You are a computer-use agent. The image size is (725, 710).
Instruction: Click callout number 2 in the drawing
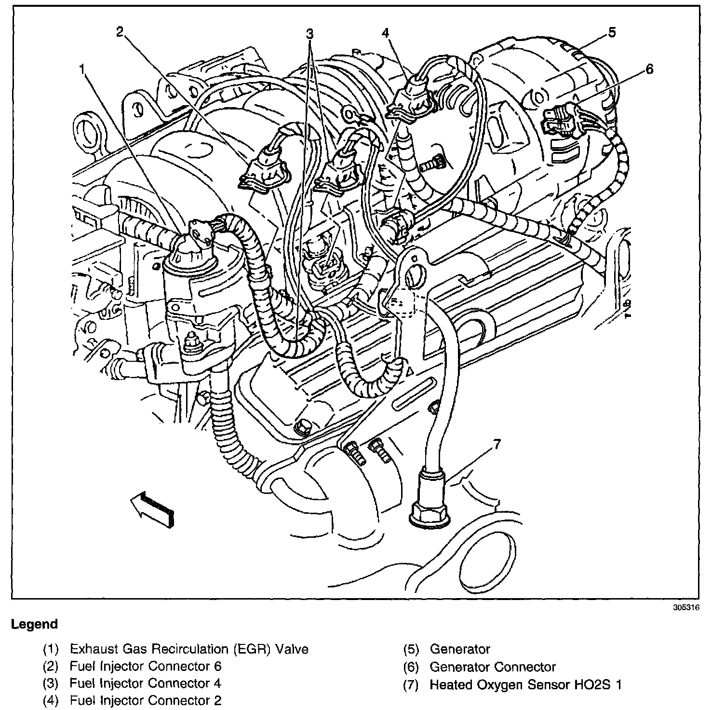coord(120,32)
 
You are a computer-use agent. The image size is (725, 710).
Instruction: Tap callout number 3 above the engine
coord(309,33)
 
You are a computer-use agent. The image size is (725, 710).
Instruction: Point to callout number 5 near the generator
coord(612,32)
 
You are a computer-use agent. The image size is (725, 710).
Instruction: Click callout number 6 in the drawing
coord(649,69)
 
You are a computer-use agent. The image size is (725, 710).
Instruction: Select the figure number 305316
coord(686,608)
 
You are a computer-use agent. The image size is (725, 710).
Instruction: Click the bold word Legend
coord(34,624)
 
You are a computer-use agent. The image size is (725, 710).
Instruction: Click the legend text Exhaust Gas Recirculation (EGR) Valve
coord(188,649)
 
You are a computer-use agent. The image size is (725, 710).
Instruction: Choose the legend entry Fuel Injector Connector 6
coord(145,667)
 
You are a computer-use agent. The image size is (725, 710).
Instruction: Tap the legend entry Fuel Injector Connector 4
coord(145,683)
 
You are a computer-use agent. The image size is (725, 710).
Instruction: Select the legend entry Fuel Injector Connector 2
coord(145,700)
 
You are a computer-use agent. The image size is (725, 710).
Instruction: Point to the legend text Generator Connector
coord(492,667)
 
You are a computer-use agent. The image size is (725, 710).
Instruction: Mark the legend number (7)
coord(410,684)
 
